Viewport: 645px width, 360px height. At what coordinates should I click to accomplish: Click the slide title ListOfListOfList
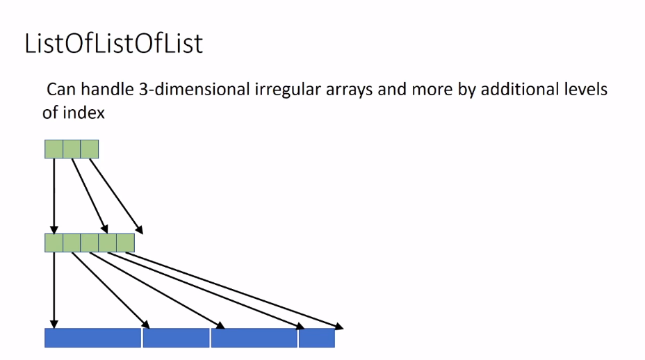tap(113, 43)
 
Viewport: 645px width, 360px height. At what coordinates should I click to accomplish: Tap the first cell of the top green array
tap(54, 149)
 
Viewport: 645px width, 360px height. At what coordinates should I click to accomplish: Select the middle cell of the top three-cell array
tap(72, 149)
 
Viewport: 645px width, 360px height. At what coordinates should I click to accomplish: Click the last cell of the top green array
tap(90, 149)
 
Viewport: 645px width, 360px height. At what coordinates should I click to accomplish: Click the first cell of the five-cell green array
tap(54, 243)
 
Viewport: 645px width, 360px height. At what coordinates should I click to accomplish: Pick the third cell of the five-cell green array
tap(90, 243)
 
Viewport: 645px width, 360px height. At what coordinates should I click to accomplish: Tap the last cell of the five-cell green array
tap(125, 243)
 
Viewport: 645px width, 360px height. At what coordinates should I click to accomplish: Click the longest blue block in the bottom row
tap(92, 338)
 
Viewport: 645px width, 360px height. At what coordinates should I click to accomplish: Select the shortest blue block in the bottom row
tap(317, 338)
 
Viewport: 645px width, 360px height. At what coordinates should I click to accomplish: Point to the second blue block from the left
tap(176, 338)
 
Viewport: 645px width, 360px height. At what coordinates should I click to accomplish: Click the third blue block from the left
tap(254, 338)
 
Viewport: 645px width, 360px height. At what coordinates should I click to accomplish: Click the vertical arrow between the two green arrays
tap(54, 195)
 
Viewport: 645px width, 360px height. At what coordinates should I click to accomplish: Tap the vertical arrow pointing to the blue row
tap(54, 288)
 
